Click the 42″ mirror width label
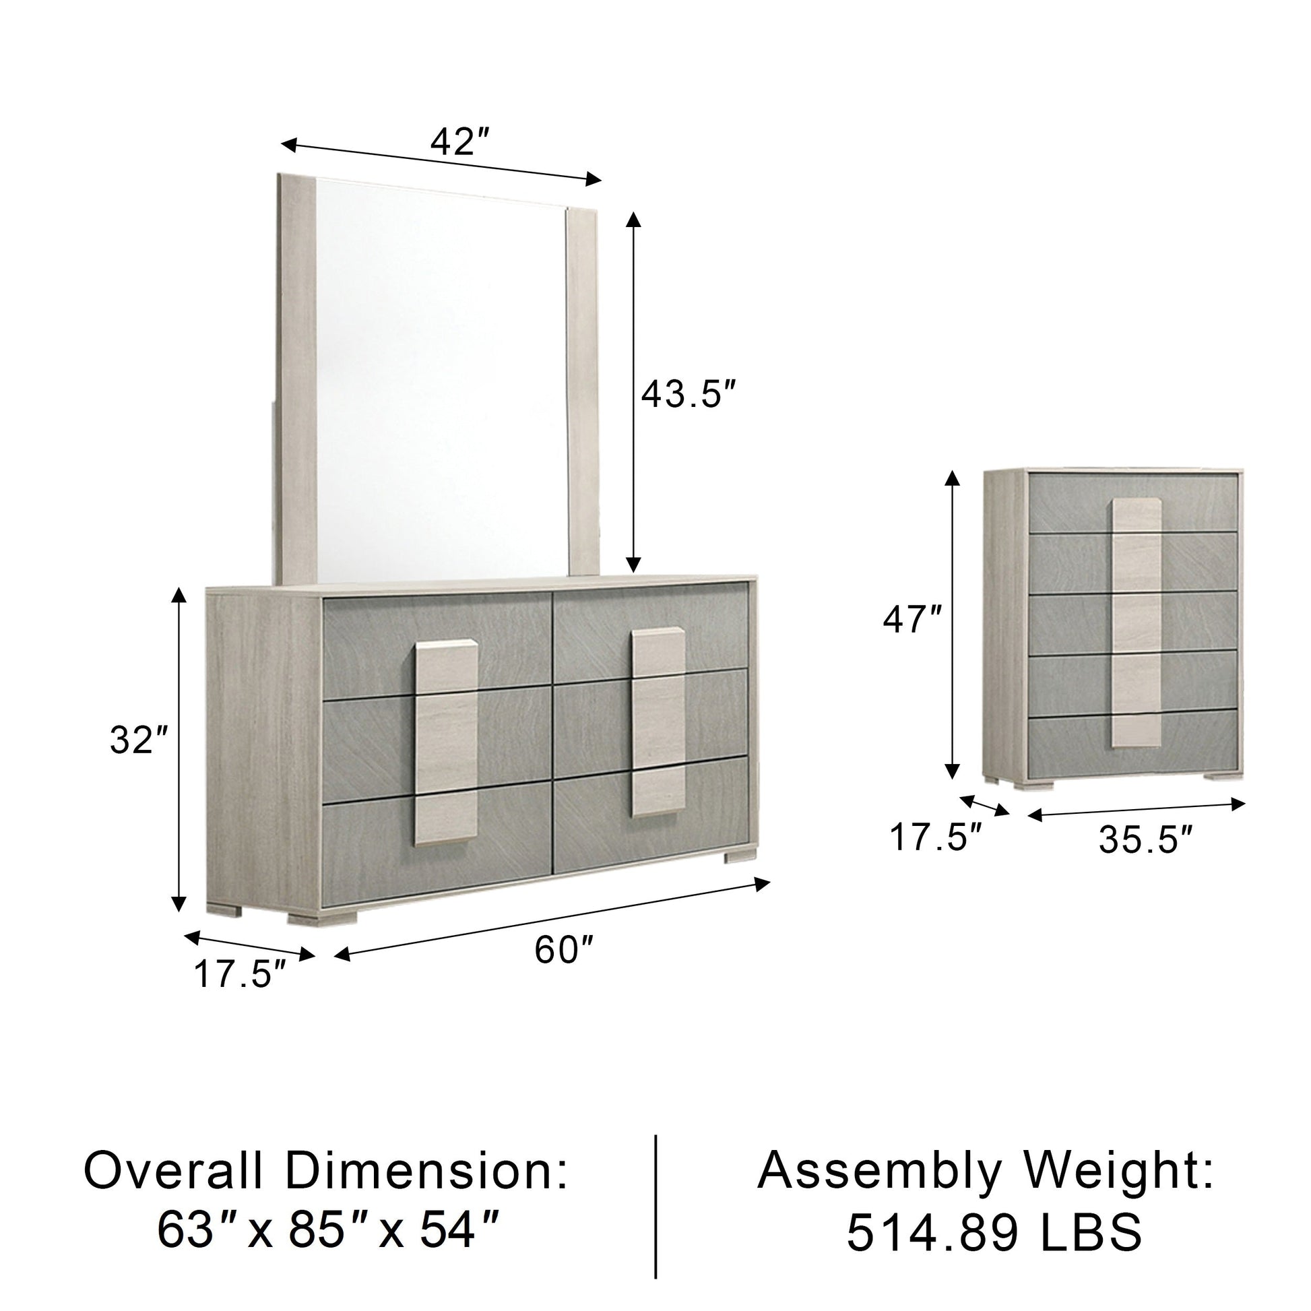click(x=460, y=143)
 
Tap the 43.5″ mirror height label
click(x=689, y=394)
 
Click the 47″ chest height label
click(x=912, y=620)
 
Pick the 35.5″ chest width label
click(x=1146, y=841)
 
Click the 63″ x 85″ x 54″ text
click(x=329, y=1229)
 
